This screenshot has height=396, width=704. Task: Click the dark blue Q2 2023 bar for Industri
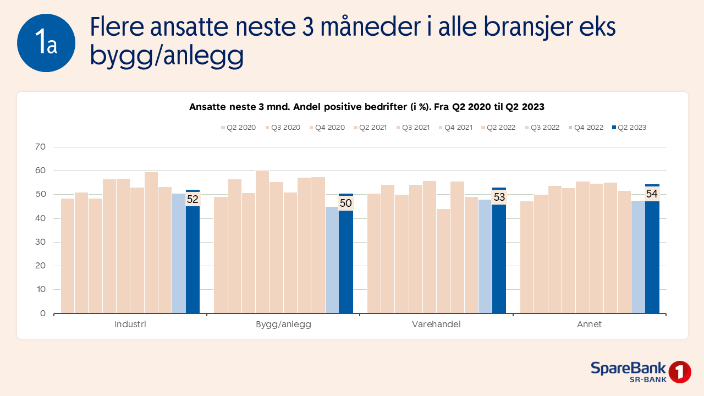pyautogui.click(x=193, y=258)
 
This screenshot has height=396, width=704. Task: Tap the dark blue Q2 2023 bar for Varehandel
pyautogui.click(x=499, y=258)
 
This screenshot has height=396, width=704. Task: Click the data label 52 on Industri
pyautogui.click(x=193, y=200)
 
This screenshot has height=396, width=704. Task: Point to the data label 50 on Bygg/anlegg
pyautogui.click(x=345, y=203)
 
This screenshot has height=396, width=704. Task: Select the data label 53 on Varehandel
pyautogui.click(x=499, y=197)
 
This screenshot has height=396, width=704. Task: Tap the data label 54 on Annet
pyautogui.click(x=652, y=194)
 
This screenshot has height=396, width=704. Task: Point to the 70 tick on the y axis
pyautogui.click(x=41, y=147)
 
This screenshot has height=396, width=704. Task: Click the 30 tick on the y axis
pyautogui.click(x=41, y=242)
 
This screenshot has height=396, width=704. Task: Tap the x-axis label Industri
pyautogui.click(x=130, y=324)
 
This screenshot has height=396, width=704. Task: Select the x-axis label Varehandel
pyautogui.click(x=436, y=324)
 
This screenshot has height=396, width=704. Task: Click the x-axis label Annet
pyautogui.click(x=589, y=324)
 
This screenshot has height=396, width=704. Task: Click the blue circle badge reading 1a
pyautogui.click(x=46, y=43)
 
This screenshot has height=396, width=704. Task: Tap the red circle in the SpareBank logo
pyautogui.click(x=680, y=372)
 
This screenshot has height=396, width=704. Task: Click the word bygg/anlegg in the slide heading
pyautogui.click(x=167, y=57)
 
